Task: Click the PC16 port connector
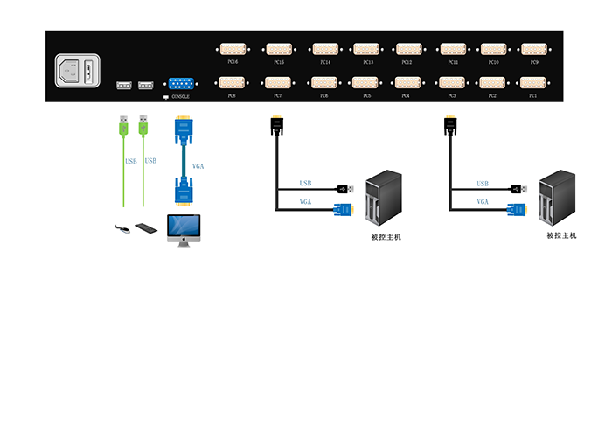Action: point(232,50)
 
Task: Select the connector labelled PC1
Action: point(532,83)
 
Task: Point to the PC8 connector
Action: point(232,83)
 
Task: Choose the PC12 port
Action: point(407,50)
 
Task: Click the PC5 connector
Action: point(366,83)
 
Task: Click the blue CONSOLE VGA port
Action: point(181,84)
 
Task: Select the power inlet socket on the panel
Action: point(77,71)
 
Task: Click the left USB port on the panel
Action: point(123,86)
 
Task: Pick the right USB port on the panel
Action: point(145,86)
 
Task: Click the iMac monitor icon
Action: point(184,229)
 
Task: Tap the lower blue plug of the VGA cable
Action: point(184,191)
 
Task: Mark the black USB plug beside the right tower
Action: point(518,188)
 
